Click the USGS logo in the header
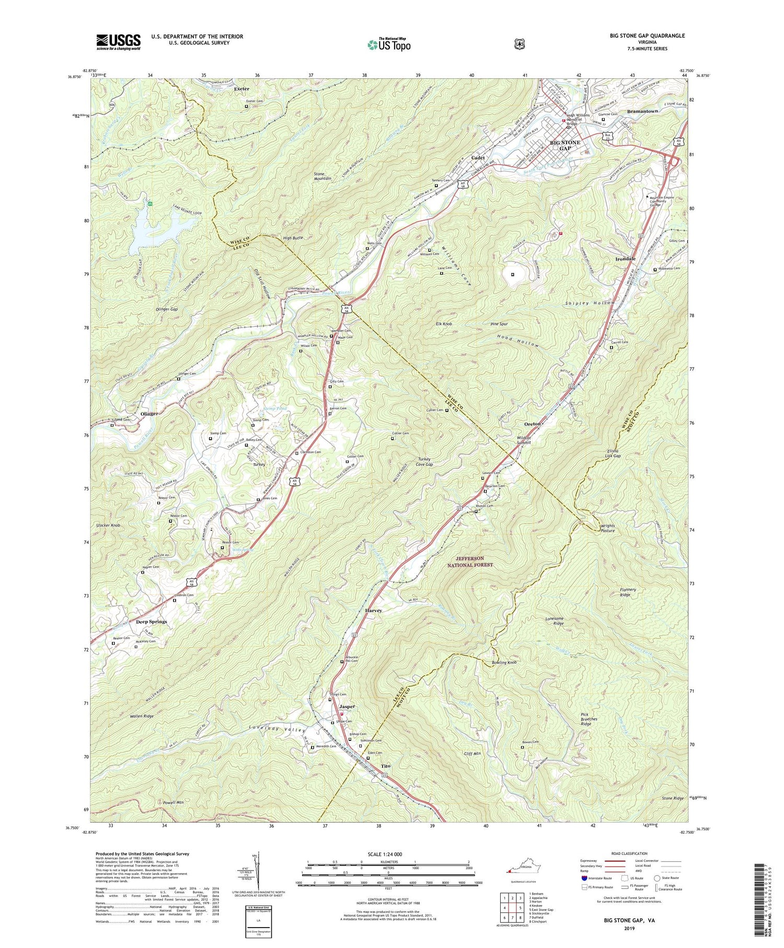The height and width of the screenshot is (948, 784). pos(118,41)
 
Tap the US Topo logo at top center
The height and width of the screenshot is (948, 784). pos(389,44)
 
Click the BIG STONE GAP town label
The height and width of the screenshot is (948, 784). pos(565,145)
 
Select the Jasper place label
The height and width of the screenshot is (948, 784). pos(347,706)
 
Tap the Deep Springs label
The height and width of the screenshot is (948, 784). pos(152,622)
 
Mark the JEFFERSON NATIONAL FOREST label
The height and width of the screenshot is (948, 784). pos(470,562)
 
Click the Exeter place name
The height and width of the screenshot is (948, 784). pos(241,89)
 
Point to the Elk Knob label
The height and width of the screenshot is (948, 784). pos(444,324)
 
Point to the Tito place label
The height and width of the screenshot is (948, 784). pos(385,766)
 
